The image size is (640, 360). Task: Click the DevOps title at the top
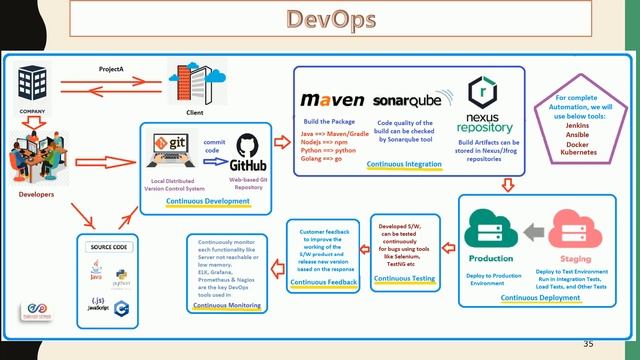[x=320, y=19]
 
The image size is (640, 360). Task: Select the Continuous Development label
[x=208, y=201]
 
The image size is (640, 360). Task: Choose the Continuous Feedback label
[x=321, y=283]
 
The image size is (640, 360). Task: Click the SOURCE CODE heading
[x=109, y=246]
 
